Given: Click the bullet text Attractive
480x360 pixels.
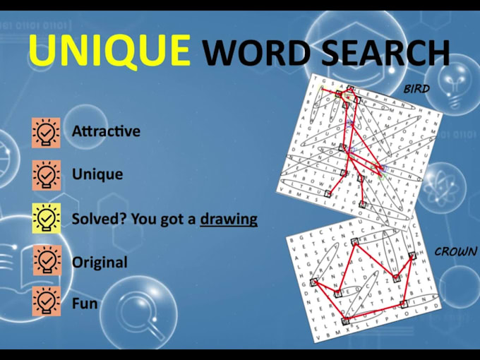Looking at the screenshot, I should pos(106,131).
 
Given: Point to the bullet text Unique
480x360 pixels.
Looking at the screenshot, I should pos(97,174).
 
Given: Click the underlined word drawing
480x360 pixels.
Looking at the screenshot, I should pos(229,219).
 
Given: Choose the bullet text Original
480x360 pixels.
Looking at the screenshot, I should pos(100,263).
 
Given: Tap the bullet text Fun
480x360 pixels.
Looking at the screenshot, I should pos(85,304).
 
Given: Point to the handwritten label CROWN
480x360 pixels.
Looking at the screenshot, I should pos(455,251).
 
